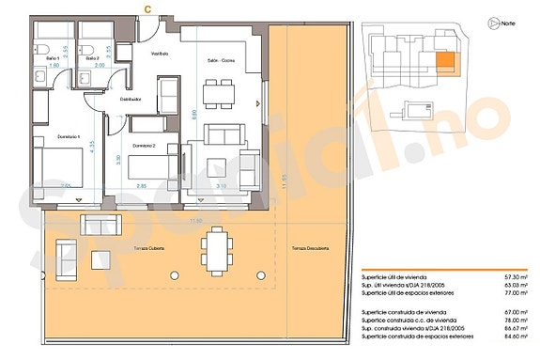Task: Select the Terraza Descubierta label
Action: click(x=310, y=248)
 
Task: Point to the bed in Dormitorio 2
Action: click(x=147, y=170)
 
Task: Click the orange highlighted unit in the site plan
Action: click(x=445, y=64)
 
